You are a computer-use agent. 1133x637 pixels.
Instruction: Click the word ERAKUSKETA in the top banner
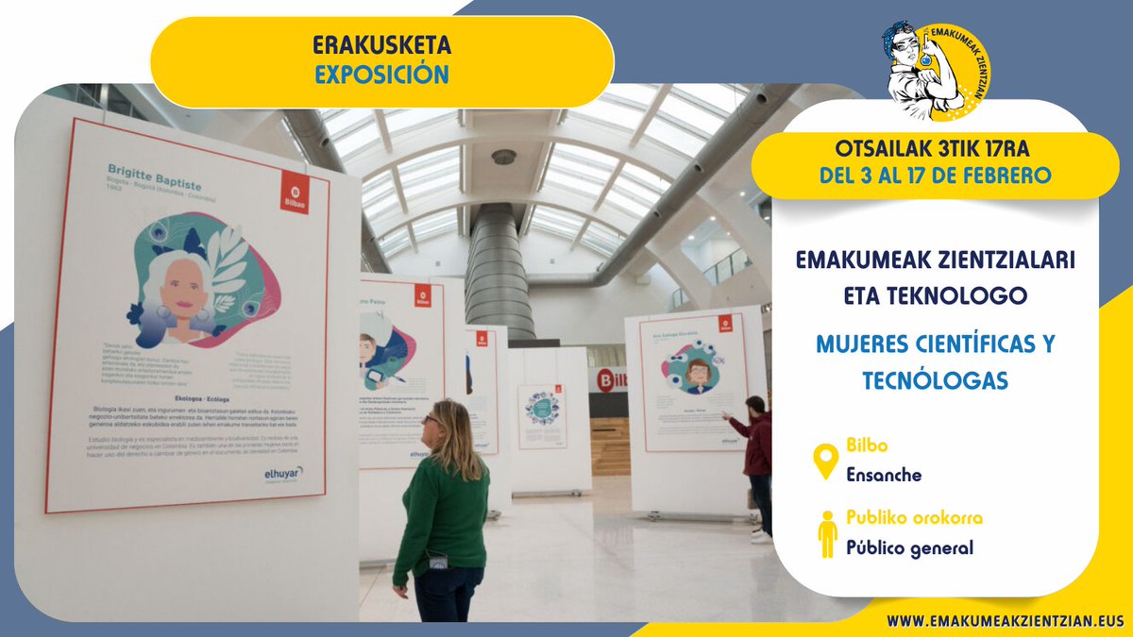click(382, 44)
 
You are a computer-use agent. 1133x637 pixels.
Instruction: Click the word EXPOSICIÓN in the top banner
click(382, 75)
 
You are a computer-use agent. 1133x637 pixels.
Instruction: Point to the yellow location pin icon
click(826, 461)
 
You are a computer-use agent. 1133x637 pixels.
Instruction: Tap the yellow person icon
click(827, 533)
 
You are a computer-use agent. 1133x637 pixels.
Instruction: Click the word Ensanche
click(884, 475)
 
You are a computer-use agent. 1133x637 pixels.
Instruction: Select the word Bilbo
click(867, 445)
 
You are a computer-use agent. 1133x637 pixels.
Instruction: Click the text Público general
click(909, 547)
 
